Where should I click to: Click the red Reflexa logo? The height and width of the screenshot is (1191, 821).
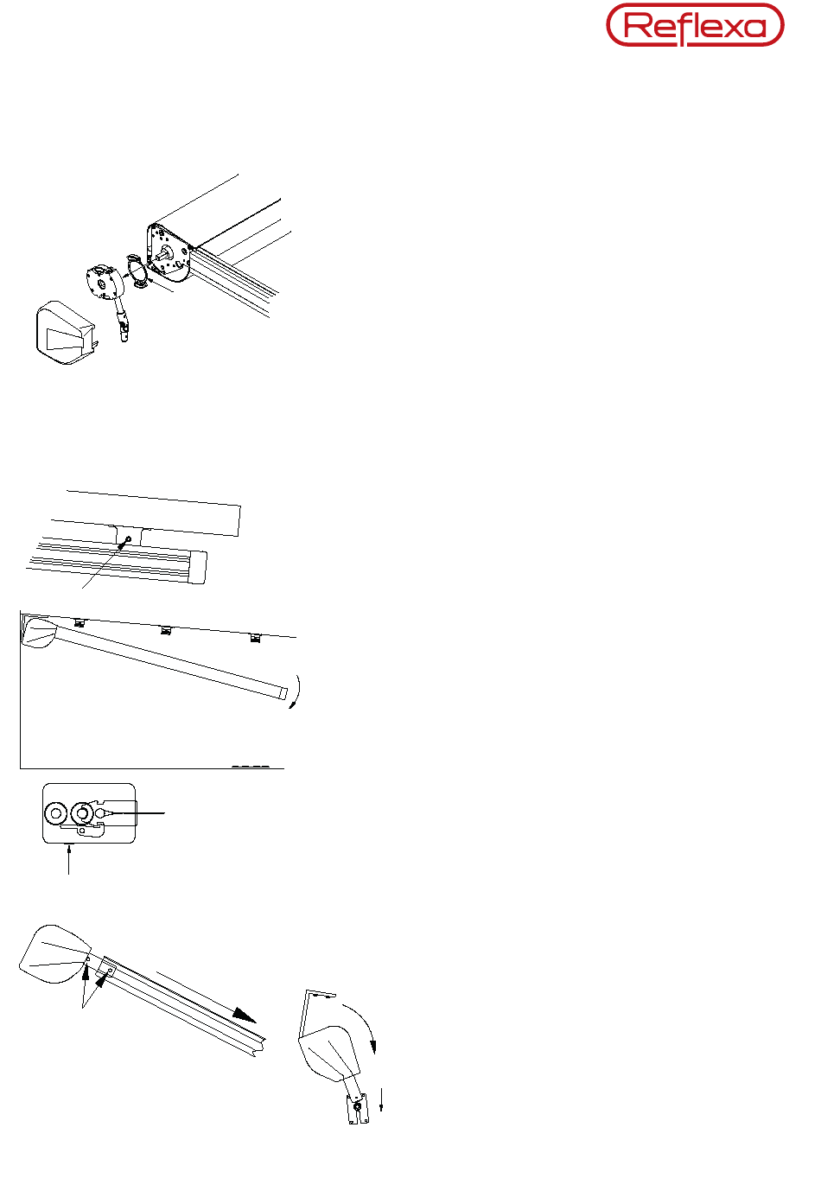695,25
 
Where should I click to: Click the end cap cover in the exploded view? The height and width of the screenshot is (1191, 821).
65,333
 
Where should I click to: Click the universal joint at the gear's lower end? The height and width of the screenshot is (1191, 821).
124,330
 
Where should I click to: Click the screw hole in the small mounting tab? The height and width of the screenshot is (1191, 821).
128,539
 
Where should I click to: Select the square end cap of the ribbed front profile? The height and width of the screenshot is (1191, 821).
198,567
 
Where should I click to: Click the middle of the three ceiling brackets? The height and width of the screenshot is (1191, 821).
166,631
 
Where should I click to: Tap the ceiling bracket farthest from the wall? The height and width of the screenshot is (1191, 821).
255,638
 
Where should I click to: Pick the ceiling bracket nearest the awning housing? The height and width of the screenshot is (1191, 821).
80,622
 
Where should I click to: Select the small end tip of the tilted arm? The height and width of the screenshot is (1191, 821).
283,693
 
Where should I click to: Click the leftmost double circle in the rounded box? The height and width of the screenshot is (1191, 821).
55,813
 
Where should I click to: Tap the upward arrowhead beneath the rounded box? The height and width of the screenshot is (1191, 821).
68,846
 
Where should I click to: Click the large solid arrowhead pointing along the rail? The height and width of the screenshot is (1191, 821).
245,1015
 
